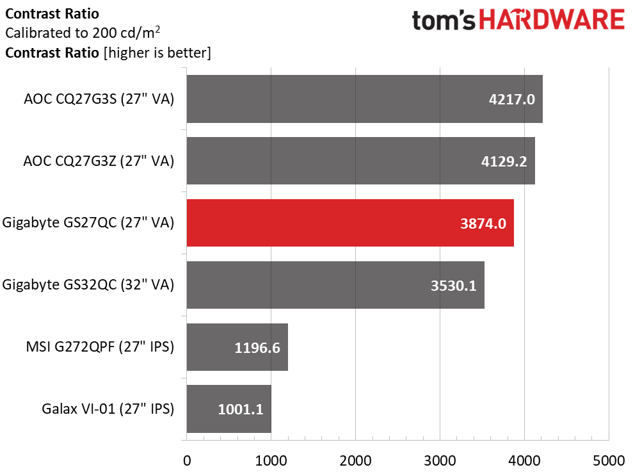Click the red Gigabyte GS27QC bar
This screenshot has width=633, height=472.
tap(349, 223)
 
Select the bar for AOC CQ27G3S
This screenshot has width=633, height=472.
tap(364, 99)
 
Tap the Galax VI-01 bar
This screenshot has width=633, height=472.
tap(228, 409)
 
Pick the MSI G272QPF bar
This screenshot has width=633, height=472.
tap(237, 347)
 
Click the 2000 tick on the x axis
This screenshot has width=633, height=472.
tap(355, 460)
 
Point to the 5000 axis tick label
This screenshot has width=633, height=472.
tap(609, 460)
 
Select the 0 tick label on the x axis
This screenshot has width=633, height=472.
tap(187, 460)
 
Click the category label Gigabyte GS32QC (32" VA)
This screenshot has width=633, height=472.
tap(88, 285)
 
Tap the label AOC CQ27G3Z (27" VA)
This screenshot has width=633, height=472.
tap(99, 161)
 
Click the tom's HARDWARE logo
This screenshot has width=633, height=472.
tap(518, 20)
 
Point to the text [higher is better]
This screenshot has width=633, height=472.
tap(157, 53)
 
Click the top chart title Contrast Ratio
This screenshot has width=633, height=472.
tap(52, 13)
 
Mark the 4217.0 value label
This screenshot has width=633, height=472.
tap(509, 99)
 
